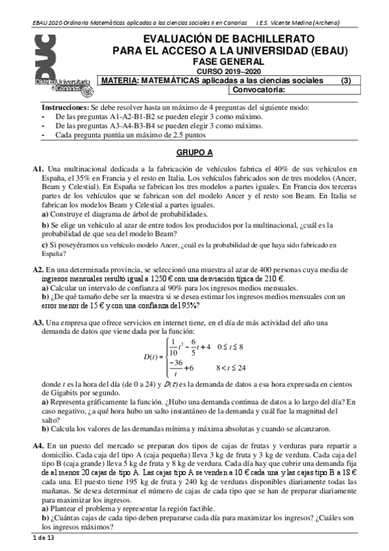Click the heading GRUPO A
(195, 153)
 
